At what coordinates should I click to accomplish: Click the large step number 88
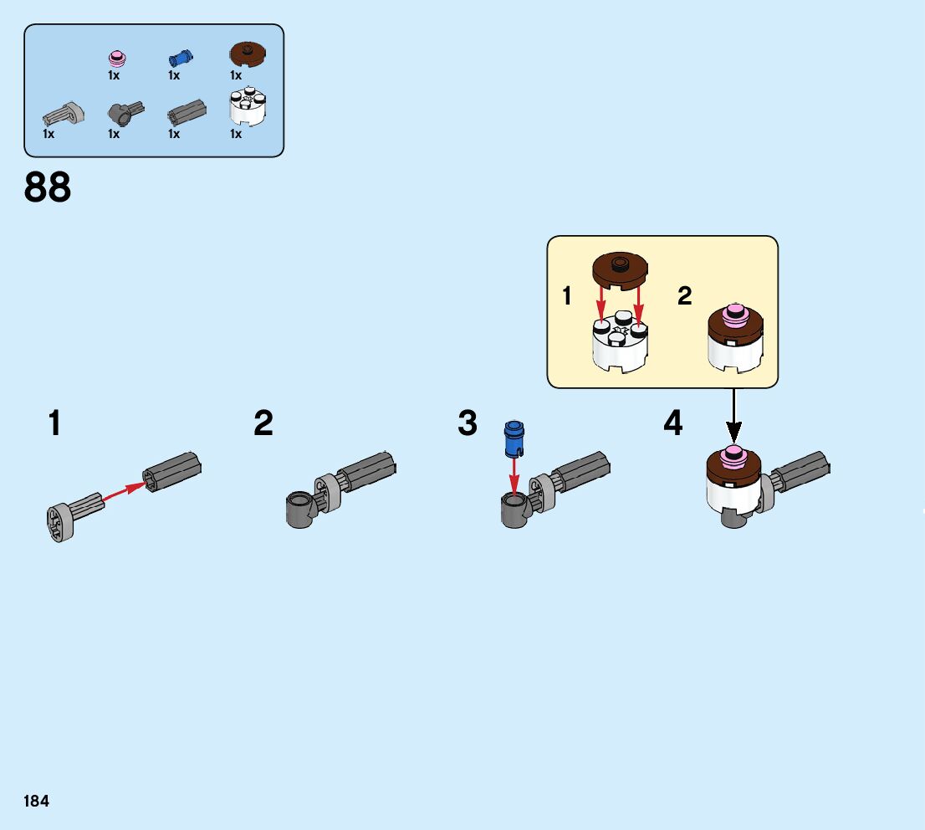tap(48, 187)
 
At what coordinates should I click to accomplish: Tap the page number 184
tap(36, 801)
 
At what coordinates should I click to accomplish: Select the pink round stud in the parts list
tap(117, 58)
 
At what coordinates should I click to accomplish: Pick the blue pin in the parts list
tap(179, 58)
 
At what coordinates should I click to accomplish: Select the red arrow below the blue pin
tap(514, 476)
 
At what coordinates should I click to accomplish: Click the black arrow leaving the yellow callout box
tap(733, 415)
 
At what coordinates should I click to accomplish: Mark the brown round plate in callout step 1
tap(620, 270)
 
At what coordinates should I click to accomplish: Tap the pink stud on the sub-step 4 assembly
tap(733, 456)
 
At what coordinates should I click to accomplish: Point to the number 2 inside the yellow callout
tap(685, 295)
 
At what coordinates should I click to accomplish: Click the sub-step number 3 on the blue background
tap(468, 423)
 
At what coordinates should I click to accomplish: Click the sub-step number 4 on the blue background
tap(673, 423)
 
